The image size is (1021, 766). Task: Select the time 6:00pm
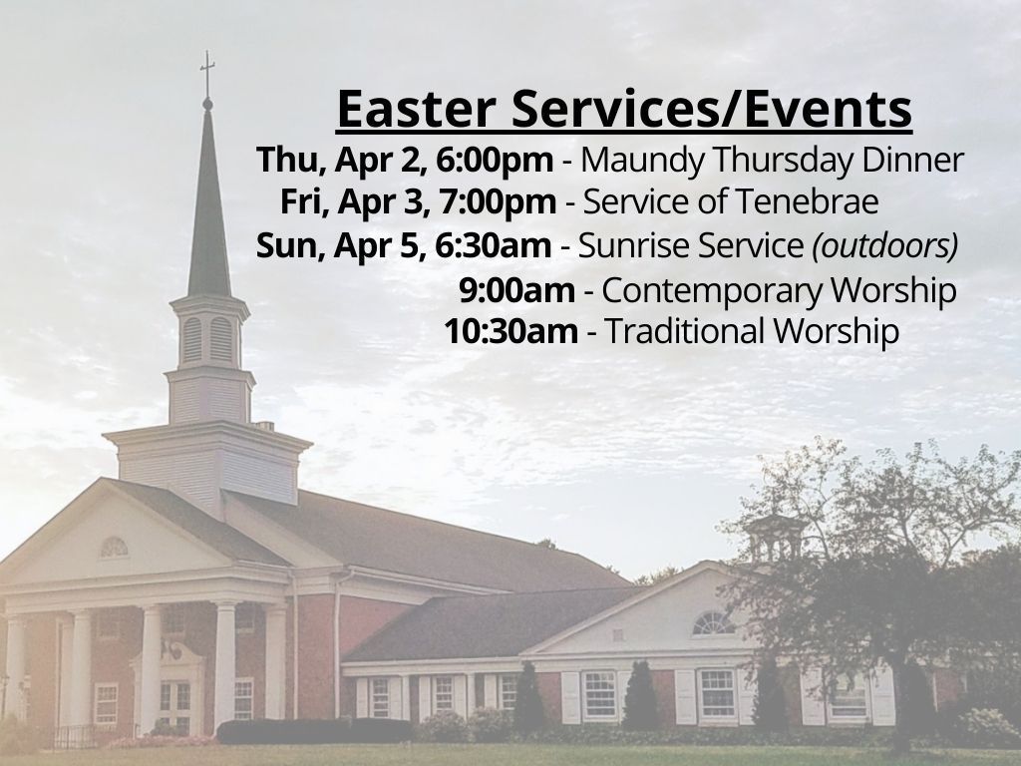click(495, 161)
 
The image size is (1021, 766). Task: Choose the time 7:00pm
click(498, 201)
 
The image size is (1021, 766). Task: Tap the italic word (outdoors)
click(885, 245)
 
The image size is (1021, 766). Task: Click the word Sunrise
click(625, 245)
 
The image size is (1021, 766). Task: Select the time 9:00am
click(517, 290)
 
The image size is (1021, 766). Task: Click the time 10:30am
click(511, 331)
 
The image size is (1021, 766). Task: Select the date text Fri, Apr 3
click(354, 201)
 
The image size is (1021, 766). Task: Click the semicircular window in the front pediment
click(114, 548)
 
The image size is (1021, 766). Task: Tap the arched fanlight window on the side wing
click(713, 623)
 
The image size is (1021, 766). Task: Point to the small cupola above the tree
click(775, 538)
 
